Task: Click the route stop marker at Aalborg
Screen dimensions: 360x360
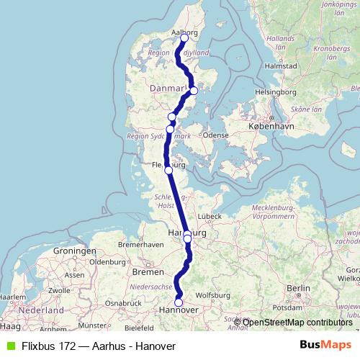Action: [x=184, y=37]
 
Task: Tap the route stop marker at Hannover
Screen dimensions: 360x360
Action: [x=179, y=302]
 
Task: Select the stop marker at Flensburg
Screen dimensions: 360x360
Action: [x=168, y=171]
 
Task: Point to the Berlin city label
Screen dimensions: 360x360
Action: [x=297, y=288]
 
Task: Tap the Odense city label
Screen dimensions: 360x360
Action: [x=215, y=135]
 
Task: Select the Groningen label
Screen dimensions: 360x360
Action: [x=69, y=251]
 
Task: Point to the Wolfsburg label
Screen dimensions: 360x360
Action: [x=212, y=295]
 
